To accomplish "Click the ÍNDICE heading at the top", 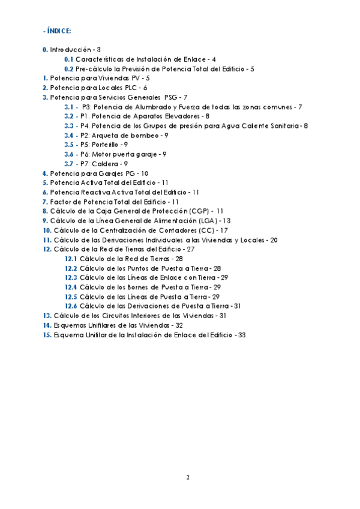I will pos(58,31).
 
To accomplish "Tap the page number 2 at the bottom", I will pos(188,477).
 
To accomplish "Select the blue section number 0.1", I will pos(68,59).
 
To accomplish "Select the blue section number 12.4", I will pos(71,287).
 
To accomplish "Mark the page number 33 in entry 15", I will pos(242,334).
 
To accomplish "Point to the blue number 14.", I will pos(47,325).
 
